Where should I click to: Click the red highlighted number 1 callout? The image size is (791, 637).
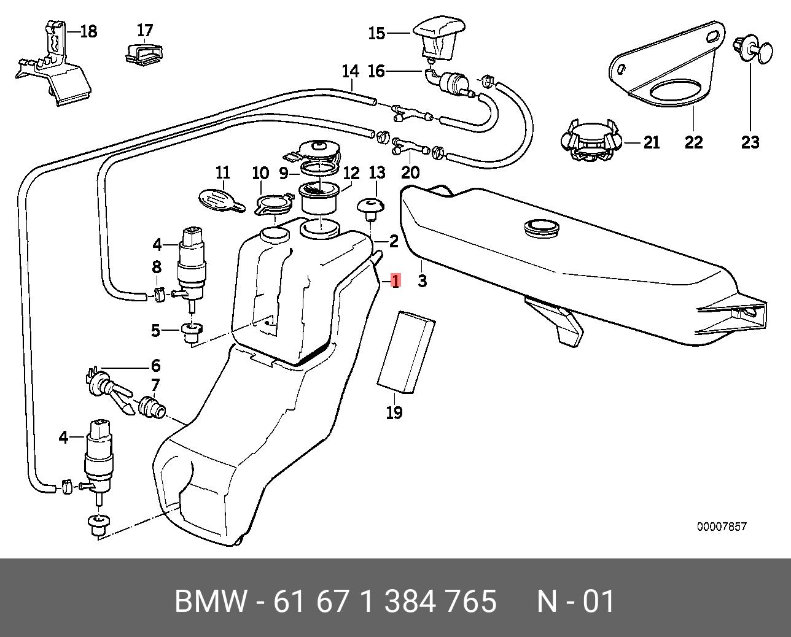(395, 282)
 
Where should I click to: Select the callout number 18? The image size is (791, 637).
(89, 31)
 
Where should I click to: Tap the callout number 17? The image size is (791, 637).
(145, 30)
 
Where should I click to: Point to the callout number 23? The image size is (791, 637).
(750, 142)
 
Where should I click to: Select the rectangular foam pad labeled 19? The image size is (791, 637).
(405, 352)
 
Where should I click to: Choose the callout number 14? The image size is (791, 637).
(350, 72)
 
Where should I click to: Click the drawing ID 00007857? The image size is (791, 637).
(722, 527)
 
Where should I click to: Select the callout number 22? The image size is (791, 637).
(693, 142)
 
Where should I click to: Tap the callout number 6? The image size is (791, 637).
(155, 366)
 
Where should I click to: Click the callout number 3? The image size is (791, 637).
(423, 281)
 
